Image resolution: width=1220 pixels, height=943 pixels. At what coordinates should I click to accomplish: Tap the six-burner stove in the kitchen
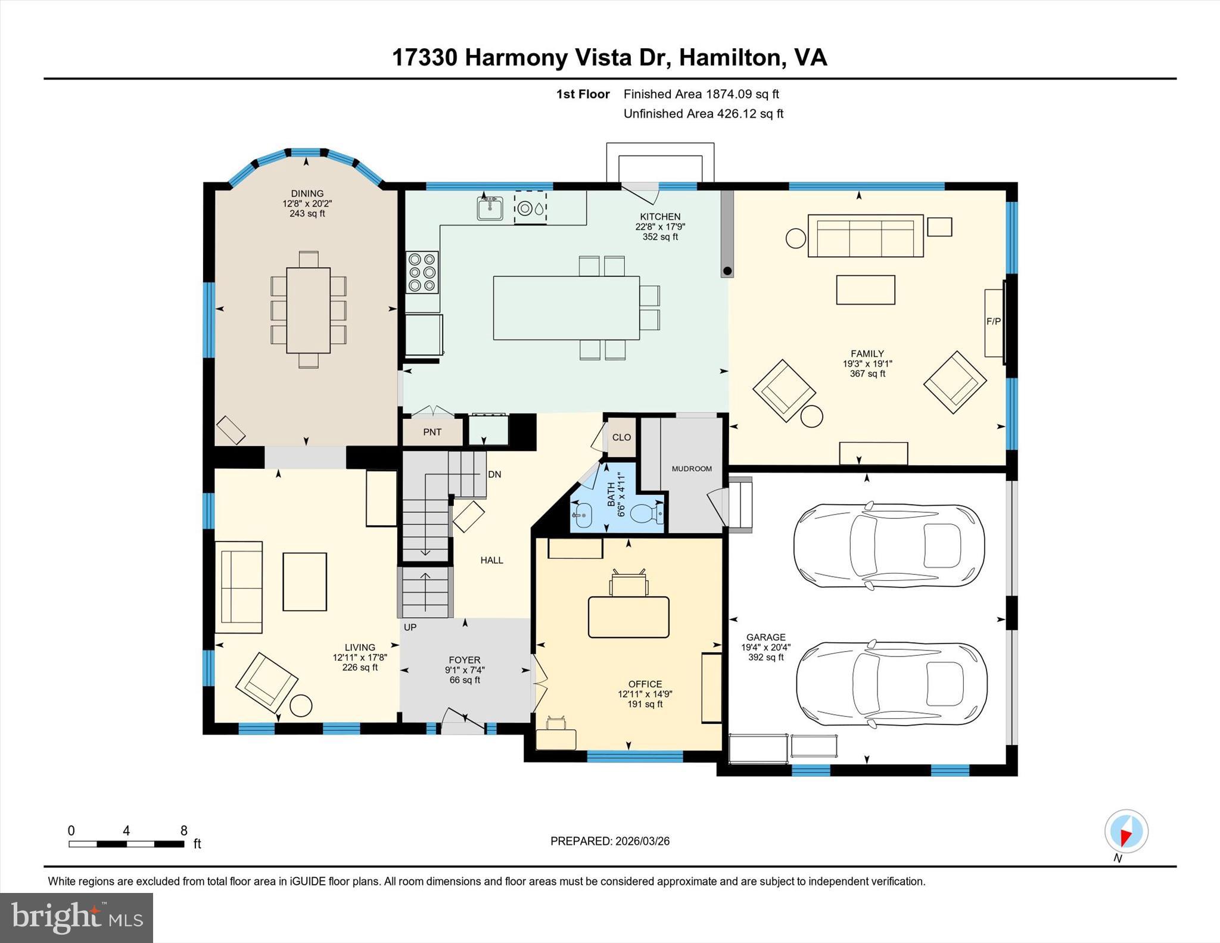point(422,272)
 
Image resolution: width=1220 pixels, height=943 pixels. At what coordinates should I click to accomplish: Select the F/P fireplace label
point(993,322)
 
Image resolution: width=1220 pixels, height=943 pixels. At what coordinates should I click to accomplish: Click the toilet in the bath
point(647,512)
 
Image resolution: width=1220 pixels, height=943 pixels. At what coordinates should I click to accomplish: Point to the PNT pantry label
point(432,432)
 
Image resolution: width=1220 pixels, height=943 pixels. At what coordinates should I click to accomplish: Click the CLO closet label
point(621,437)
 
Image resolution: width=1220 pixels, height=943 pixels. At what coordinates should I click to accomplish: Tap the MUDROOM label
point(692,469)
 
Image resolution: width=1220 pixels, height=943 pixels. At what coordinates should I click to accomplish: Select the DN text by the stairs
point(494,474)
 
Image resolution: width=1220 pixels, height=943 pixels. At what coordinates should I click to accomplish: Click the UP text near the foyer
point(410,627)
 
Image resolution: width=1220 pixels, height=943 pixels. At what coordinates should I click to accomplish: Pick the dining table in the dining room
point(308,310)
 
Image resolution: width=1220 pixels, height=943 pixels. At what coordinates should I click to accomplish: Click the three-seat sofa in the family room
point(865,236)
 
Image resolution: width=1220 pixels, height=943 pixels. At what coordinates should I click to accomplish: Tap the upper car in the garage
point(888,546)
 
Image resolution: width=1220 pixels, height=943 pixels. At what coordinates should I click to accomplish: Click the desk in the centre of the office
point(628,617)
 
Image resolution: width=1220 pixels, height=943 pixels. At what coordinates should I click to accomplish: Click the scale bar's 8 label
point(184,830)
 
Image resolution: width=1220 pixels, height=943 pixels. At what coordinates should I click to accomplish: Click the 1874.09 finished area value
point(729,94)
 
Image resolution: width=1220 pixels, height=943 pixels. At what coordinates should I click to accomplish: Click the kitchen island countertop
point(566,308)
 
